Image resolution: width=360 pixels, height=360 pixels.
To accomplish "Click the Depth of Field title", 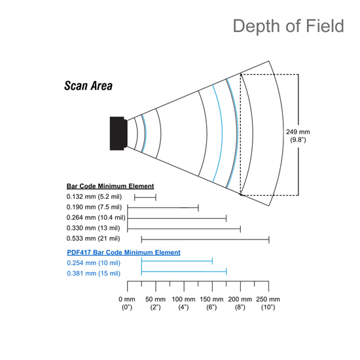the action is [289, 26].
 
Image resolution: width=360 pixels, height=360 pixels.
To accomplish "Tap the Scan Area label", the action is [88, 86].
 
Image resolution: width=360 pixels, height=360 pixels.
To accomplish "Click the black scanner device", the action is [118, 134].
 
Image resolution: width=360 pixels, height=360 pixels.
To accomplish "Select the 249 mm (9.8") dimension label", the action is [298, 135].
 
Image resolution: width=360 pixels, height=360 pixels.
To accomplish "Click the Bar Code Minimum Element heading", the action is [110, 186].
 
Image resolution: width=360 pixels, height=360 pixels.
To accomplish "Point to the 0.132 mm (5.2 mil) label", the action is [94, 197].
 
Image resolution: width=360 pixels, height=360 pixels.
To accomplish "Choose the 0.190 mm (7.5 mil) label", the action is [94, 207].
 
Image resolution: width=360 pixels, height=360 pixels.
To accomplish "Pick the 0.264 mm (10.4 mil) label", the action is [96, 217].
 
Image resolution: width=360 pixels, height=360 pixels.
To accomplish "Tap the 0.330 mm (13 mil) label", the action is [93, 228].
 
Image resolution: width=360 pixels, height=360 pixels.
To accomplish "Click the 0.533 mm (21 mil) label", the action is [93, 238].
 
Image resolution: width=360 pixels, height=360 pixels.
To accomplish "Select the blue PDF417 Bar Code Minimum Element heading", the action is [124, 253].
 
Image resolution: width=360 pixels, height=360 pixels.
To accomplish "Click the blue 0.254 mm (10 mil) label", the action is [94, 263].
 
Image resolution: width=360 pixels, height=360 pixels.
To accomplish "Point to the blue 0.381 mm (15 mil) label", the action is [94, 274].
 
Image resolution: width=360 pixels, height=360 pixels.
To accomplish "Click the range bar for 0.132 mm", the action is [145, 197].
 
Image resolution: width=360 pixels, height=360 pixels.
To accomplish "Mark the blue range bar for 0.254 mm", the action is [177, 261].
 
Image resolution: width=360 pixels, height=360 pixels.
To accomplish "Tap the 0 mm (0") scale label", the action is [127, 303].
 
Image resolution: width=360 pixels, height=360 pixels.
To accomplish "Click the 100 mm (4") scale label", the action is [183, 303].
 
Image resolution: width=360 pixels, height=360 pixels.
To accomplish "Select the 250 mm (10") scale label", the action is [268, 303].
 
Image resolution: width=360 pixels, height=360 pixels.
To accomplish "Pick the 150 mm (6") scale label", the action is [211, 303].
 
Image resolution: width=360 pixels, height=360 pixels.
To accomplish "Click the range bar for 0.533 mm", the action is [206, 240].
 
